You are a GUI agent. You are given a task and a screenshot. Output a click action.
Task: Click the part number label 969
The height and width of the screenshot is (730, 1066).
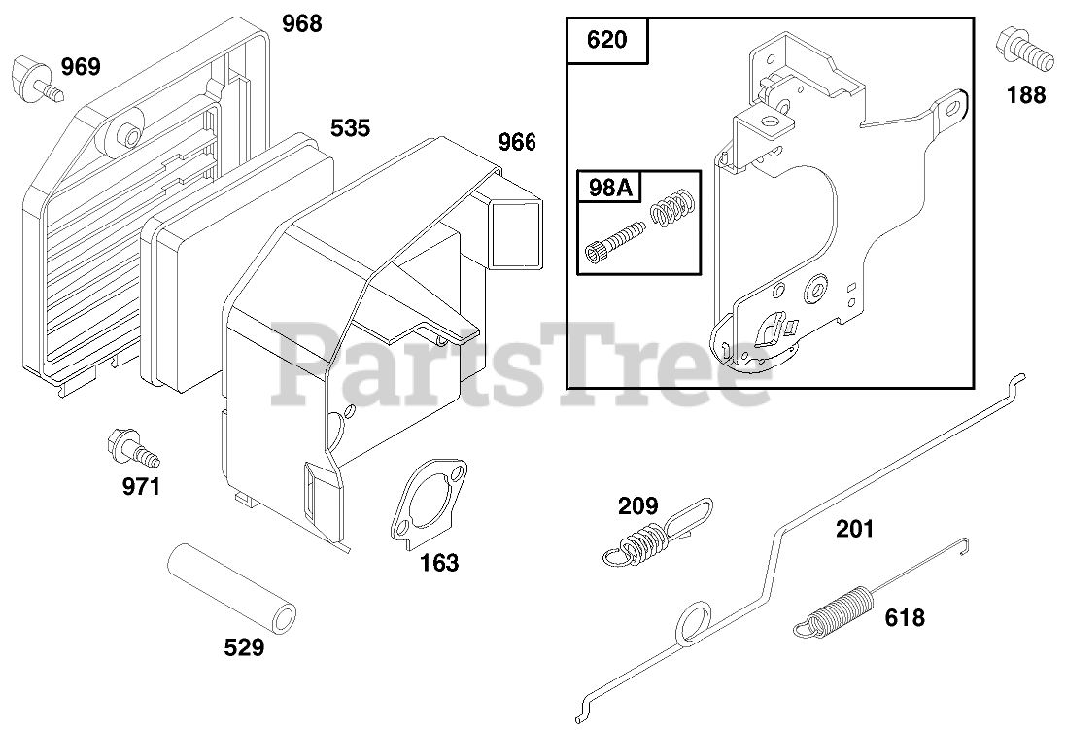[x=80, y=67]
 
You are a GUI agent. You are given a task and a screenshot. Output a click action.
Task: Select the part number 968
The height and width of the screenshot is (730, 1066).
[x=301, y=23]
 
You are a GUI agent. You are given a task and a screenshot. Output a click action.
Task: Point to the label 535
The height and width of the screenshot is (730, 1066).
[x=350, y=127]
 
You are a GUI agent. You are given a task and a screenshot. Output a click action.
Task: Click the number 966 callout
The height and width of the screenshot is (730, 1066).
[x=517, y=142]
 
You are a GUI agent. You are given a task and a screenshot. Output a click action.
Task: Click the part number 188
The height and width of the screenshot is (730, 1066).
[x=1026, y=94]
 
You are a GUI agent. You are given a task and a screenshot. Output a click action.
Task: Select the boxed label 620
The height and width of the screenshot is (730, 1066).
[x=606, y=41]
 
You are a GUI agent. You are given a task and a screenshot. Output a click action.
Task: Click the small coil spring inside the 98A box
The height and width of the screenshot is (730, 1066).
[x=671, y=207]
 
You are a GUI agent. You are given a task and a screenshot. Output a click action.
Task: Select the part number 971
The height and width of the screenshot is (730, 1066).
[x=141, y=487]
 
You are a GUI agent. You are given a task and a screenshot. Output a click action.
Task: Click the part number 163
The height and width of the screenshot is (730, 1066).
[x=439, y=563]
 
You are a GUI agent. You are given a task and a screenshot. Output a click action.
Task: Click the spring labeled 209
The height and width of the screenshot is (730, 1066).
[x=644, y=541]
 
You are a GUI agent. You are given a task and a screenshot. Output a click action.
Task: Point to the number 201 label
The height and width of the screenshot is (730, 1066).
[x=854, y=529]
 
